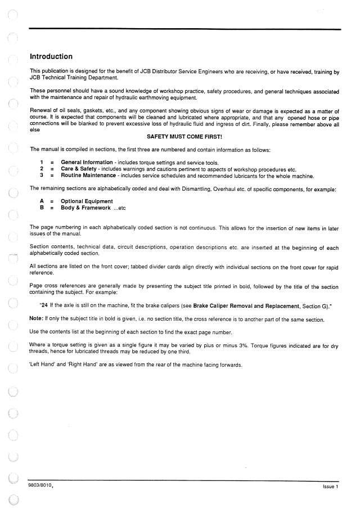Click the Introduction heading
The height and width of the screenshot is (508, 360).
[x=51, y=57]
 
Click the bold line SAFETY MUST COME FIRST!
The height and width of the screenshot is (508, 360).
[x=184, y=137]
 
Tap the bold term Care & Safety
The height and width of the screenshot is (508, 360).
[x=79, y=169]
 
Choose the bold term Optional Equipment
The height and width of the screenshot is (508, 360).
[x=87, y=201]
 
